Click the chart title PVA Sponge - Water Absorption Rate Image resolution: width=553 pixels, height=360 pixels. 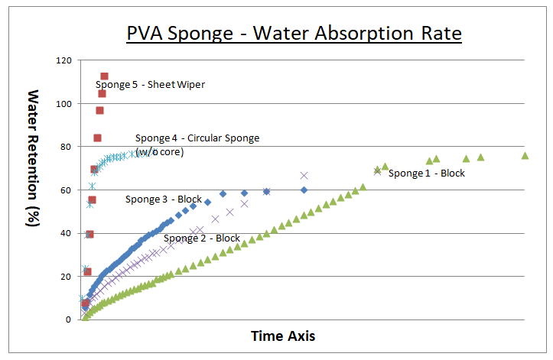294,34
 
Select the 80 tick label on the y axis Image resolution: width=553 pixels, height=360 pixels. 67,147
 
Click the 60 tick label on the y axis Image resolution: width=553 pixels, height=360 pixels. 67,190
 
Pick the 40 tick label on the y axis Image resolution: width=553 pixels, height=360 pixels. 67,233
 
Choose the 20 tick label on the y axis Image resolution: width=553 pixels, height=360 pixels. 67,277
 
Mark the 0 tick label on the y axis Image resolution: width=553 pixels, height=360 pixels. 70,319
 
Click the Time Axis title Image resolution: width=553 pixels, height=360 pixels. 283,336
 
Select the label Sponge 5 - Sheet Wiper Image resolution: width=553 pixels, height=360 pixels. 150,85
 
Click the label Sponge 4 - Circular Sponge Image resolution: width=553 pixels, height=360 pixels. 197,138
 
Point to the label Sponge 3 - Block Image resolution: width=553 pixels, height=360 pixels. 164,199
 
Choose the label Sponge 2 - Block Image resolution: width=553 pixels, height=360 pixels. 202,238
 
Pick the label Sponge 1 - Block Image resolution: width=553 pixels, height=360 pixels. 427,174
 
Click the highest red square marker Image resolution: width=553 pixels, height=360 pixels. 105,76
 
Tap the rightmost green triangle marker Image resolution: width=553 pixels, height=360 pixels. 525,155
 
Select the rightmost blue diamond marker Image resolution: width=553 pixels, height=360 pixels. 304,190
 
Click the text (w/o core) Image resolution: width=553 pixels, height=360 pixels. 159,152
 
